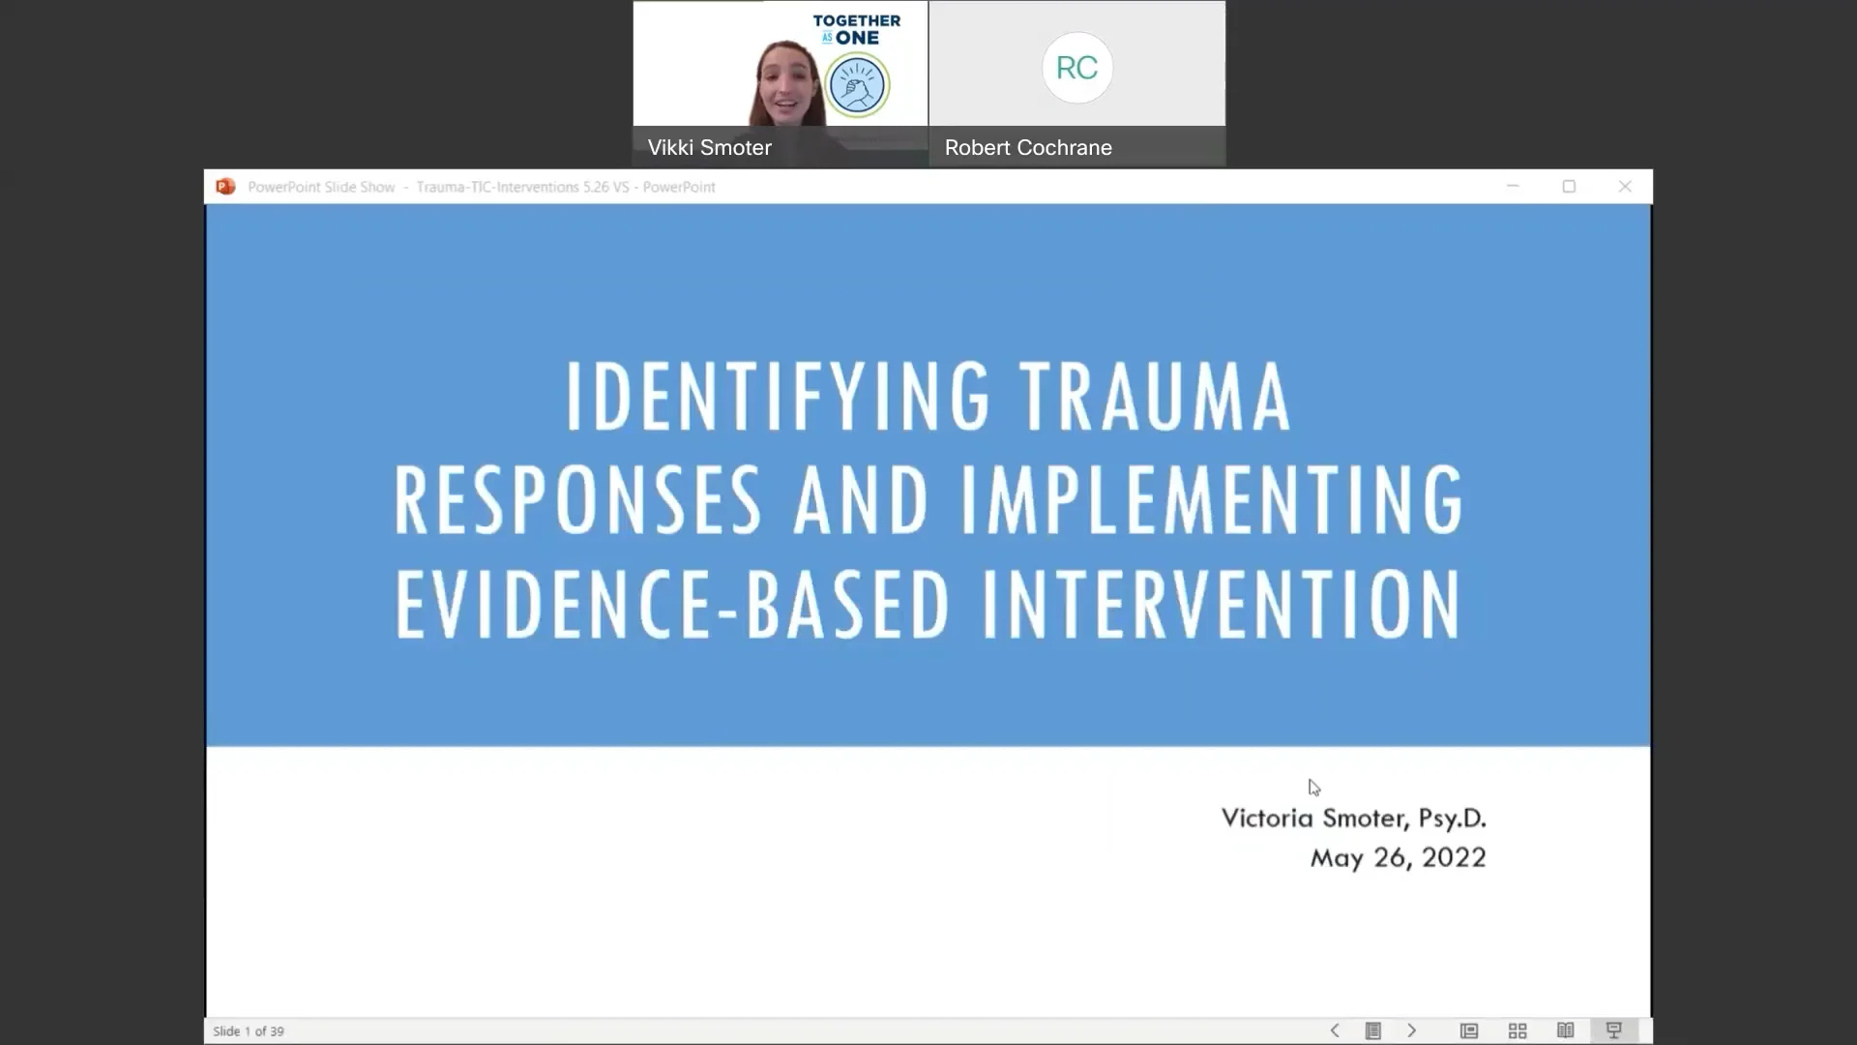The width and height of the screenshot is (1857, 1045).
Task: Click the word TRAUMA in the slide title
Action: coord(1155,396)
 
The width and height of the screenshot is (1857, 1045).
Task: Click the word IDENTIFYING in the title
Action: coord(778,396)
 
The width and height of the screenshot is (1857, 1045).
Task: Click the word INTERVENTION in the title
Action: coord(1222,604)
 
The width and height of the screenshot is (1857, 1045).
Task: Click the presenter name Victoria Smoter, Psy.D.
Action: coord(1353,819)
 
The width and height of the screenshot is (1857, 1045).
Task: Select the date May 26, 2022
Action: coord(1398,858)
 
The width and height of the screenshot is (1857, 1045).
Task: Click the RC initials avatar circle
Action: coord(1076,68)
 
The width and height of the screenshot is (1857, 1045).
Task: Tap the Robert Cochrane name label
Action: coord(1028,148)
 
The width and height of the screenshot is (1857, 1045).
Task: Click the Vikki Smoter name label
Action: coord(709,148)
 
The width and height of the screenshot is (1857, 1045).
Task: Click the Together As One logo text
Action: coord(856,29)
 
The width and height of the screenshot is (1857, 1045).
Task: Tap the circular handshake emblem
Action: coord(857,85)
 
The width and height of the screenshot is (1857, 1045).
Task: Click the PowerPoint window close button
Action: coord(1625,187)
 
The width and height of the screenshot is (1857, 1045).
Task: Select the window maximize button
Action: coord(1569,187)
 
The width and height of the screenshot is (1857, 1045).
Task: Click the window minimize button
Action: coord(1513,187)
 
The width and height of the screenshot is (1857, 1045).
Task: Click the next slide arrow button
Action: coord(1411,1030)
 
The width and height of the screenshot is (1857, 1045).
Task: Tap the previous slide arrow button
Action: coord(1335,1030)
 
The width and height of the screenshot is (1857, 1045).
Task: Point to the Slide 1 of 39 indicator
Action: coord(249,1031)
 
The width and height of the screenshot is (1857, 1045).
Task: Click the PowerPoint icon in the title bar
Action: coord(225,187)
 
